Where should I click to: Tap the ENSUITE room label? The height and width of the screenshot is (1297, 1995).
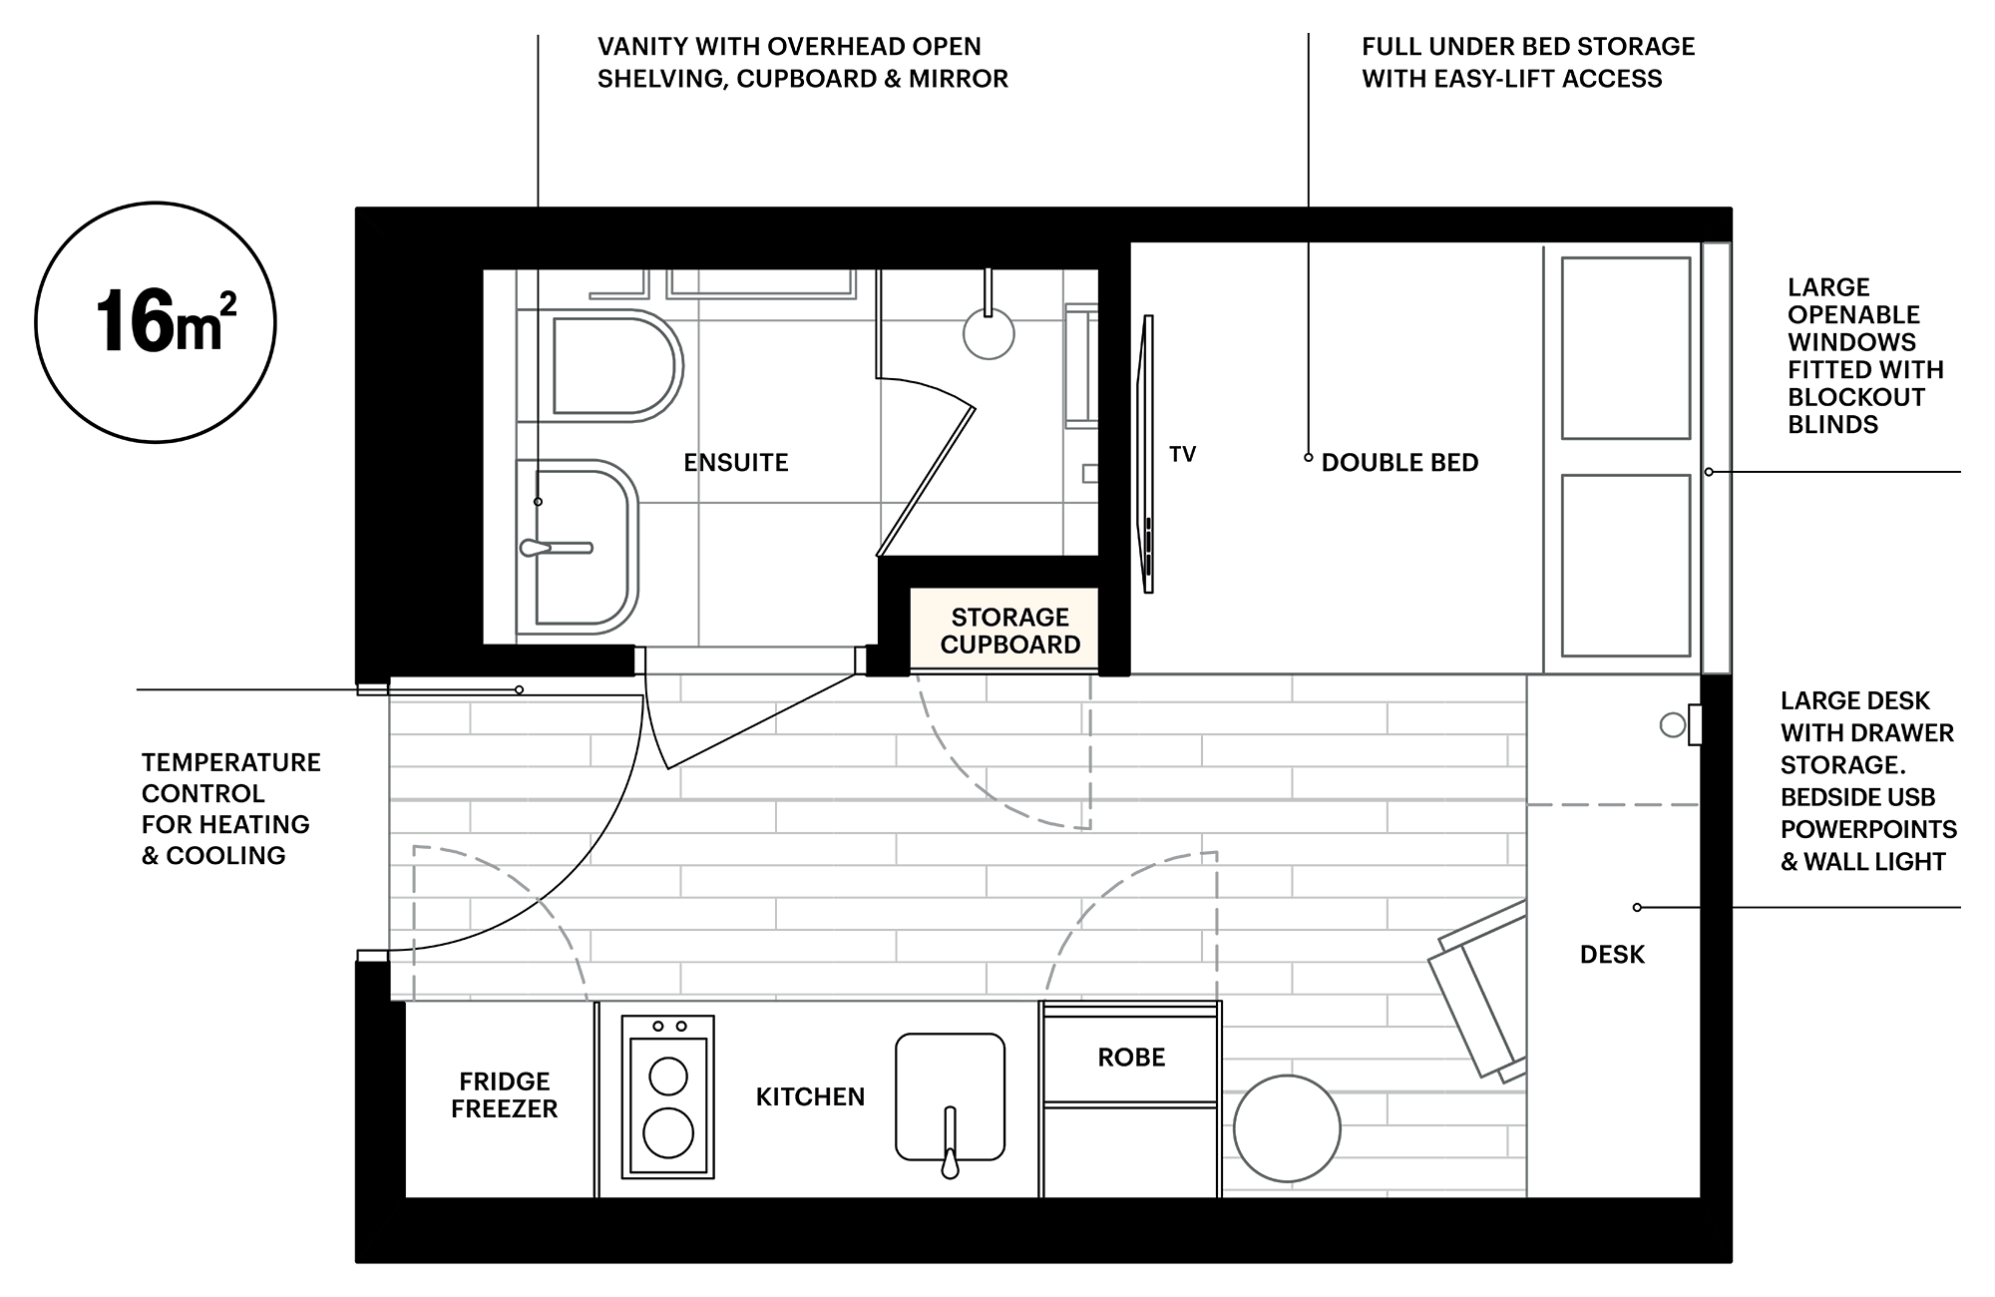736,462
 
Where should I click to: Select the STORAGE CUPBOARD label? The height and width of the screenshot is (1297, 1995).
1009,631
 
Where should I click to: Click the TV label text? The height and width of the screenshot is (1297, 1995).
1182,454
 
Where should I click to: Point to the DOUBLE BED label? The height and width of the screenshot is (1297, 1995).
1399,462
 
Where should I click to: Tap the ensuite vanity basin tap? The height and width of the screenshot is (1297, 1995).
556,548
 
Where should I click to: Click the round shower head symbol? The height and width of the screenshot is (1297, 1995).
989,333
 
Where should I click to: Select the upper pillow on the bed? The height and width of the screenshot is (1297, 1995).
1626,348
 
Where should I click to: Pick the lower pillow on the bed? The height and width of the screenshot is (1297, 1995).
1626,566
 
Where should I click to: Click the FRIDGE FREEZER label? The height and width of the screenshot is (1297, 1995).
504,1094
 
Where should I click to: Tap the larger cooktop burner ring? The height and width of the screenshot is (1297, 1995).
668,1133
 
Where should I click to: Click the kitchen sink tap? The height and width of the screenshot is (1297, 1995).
950,1142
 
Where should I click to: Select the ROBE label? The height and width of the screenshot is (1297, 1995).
1131,1058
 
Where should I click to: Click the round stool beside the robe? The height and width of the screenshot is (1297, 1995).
1287,1128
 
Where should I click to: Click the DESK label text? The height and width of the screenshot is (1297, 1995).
1612,955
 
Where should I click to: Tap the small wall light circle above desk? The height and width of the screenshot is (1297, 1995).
1673,725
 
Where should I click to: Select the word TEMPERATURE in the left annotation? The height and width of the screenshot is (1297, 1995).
231,762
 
